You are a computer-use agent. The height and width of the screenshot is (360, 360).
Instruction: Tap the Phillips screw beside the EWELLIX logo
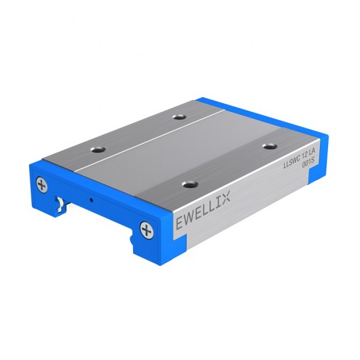click(x=146, y=230)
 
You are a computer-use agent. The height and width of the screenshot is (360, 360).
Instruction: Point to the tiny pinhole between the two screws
click(x=91, y=201)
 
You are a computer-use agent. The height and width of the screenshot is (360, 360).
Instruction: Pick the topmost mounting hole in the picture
click(x=179, y=117)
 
